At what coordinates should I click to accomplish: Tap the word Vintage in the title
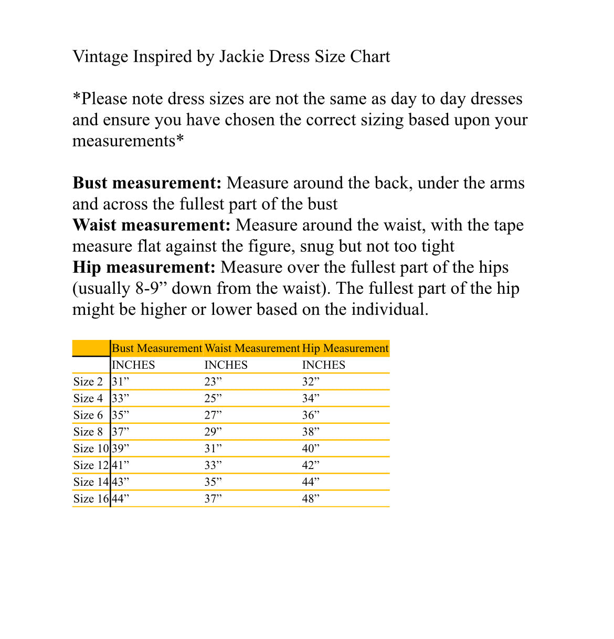pyautogui.click(x=100, y=57)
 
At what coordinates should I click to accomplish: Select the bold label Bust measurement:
pyautogui.click(x=147, y=183)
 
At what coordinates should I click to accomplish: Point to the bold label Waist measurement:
pyautogui.click(x=151, y=225)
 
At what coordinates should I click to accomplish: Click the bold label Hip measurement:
pyautogui.click(x=144, y=268)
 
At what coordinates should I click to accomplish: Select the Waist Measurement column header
pyautogui.click(x=252, y=348)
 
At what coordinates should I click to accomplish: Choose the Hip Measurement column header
pyautogui.click(x=345, y=348)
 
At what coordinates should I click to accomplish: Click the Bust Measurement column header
pyautogui.click(x=157, y=348)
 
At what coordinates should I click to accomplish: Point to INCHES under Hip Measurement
pyautogui.click(x=323, y=365)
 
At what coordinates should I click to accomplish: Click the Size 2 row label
pyautogui.click(x=88, y=382)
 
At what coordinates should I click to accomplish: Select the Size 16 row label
pyautogui.click(x=91, y=499)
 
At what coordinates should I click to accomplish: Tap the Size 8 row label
pyautogui.click(x=88, y=432)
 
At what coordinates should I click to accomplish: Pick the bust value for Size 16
pyautogui.click(x=120, y=499)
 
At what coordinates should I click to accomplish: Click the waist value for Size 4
pyautogui.click(x=213, y=399)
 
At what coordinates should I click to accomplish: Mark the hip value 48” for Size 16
pyautogui.click(x=311, y=499)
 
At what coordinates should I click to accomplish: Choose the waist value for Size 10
pyautogui.click(x=213, y=449)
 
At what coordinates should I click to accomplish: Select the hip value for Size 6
pyautogui.click(x=311, y=415)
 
